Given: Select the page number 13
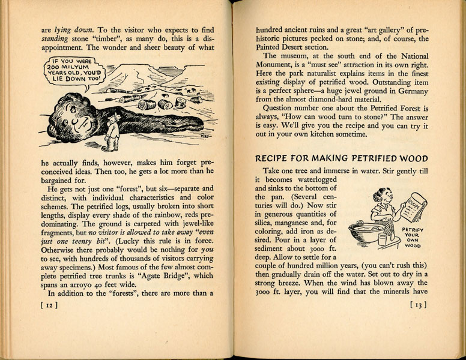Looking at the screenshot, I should tap(417, 305).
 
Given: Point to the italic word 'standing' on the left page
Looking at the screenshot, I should tap(58, 40).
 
